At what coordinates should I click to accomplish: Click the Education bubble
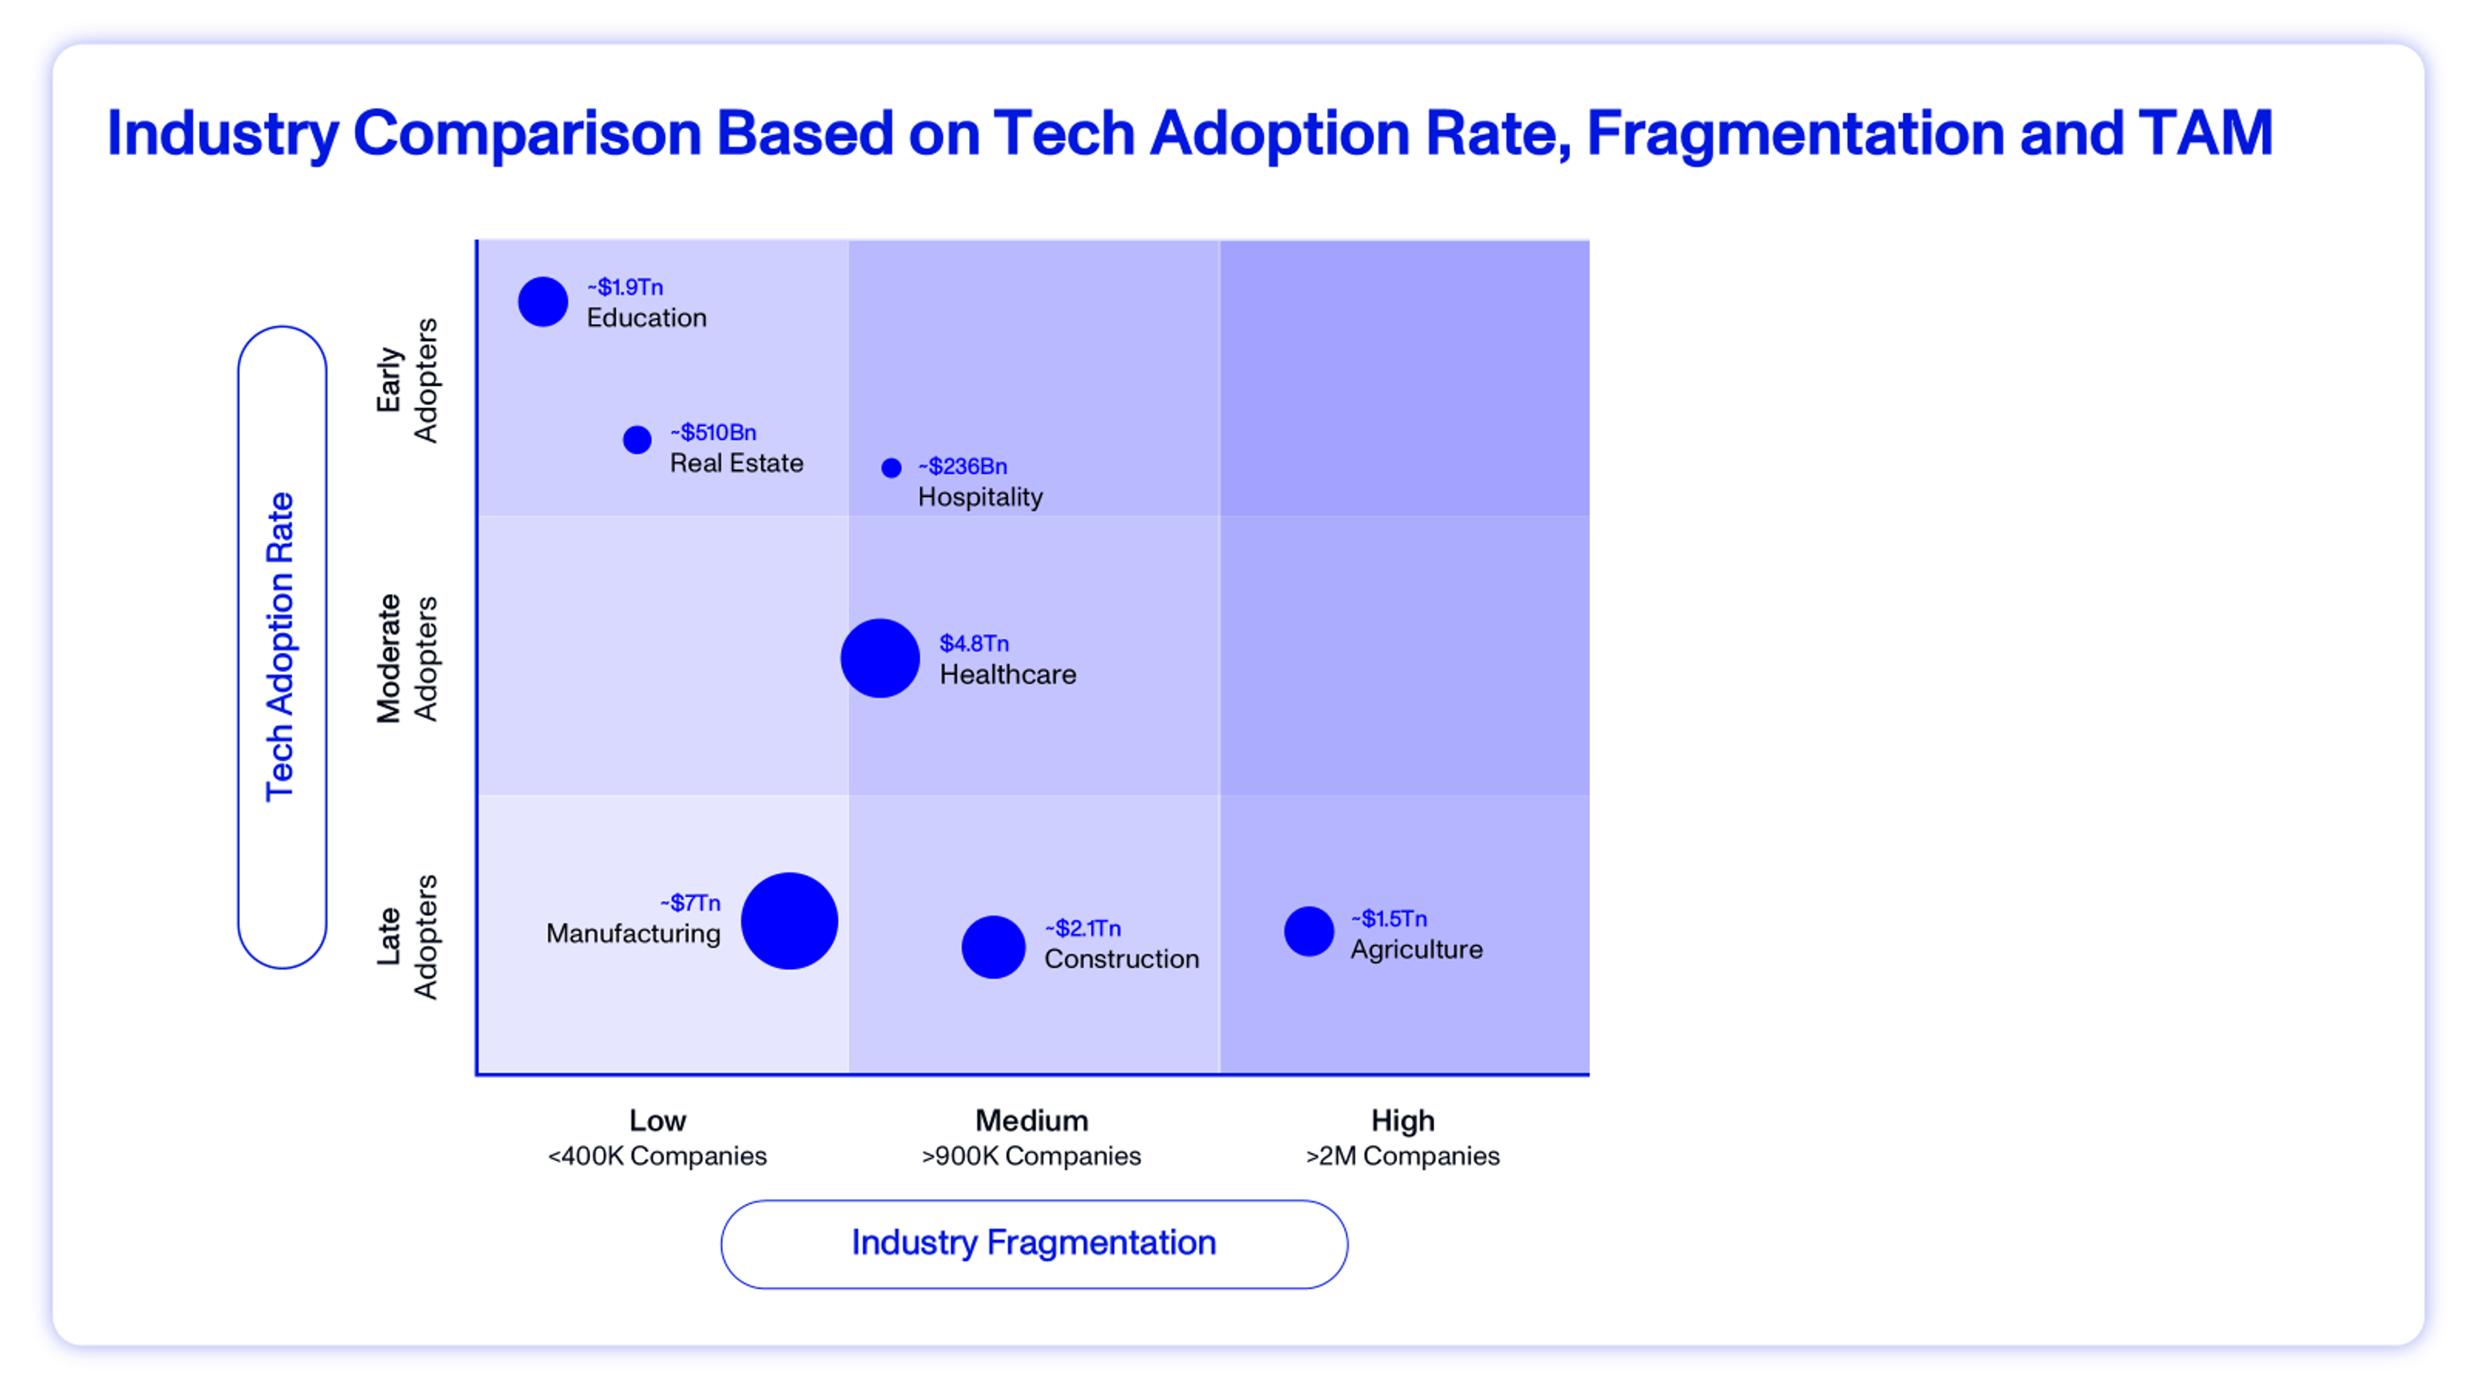click(x=543, y=302)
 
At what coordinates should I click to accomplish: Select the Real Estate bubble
click(x=637, y=440)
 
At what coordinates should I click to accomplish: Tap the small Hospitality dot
click(x=891, y=468)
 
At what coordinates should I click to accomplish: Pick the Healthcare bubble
click(x=880, y=658)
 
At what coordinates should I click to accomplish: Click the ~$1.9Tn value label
click(x=625, y=287)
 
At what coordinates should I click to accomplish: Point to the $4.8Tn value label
click(x=974, y=643)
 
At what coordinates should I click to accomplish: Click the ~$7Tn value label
click(x=690, y=903)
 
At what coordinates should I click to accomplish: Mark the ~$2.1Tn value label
click(x=1082, y=928)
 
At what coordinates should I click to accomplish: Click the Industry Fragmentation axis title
click(x=1033, y=1242)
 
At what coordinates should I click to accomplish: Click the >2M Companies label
click(x=1402, y=1156)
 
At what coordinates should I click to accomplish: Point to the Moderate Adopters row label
click(x=406, y=658)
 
